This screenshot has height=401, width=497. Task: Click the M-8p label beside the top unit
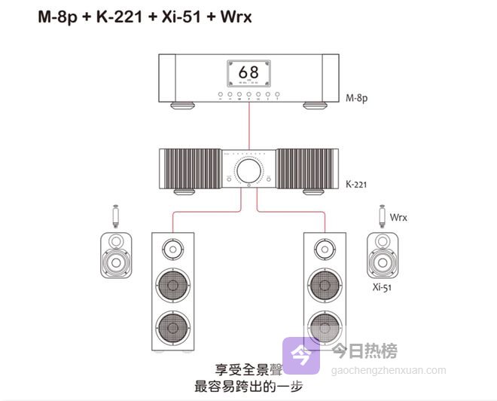tap(356, 98)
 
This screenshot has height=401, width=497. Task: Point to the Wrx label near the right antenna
tap(398, 217)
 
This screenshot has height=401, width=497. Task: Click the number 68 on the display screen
tap(248, 72)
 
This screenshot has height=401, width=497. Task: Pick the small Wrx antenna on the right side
tap(381, 216)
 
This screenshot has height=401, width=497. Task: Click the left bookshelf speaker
tap(116, 256)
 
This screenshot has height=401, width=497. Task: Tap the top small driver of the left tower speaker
tap(172, 248)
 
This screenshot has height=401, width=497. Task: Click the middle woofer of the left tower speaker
tap(172, 286)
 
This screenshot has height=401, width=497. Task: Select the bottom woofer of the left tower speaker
tap(172, 327)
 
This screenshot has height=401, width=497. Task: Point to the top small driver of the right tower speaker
tap(325, 248)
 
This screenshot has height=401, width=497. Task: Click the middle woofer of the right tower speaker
tap(325, 286)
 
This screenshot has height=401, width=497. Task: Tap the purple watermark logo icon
tap(300, 354)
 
